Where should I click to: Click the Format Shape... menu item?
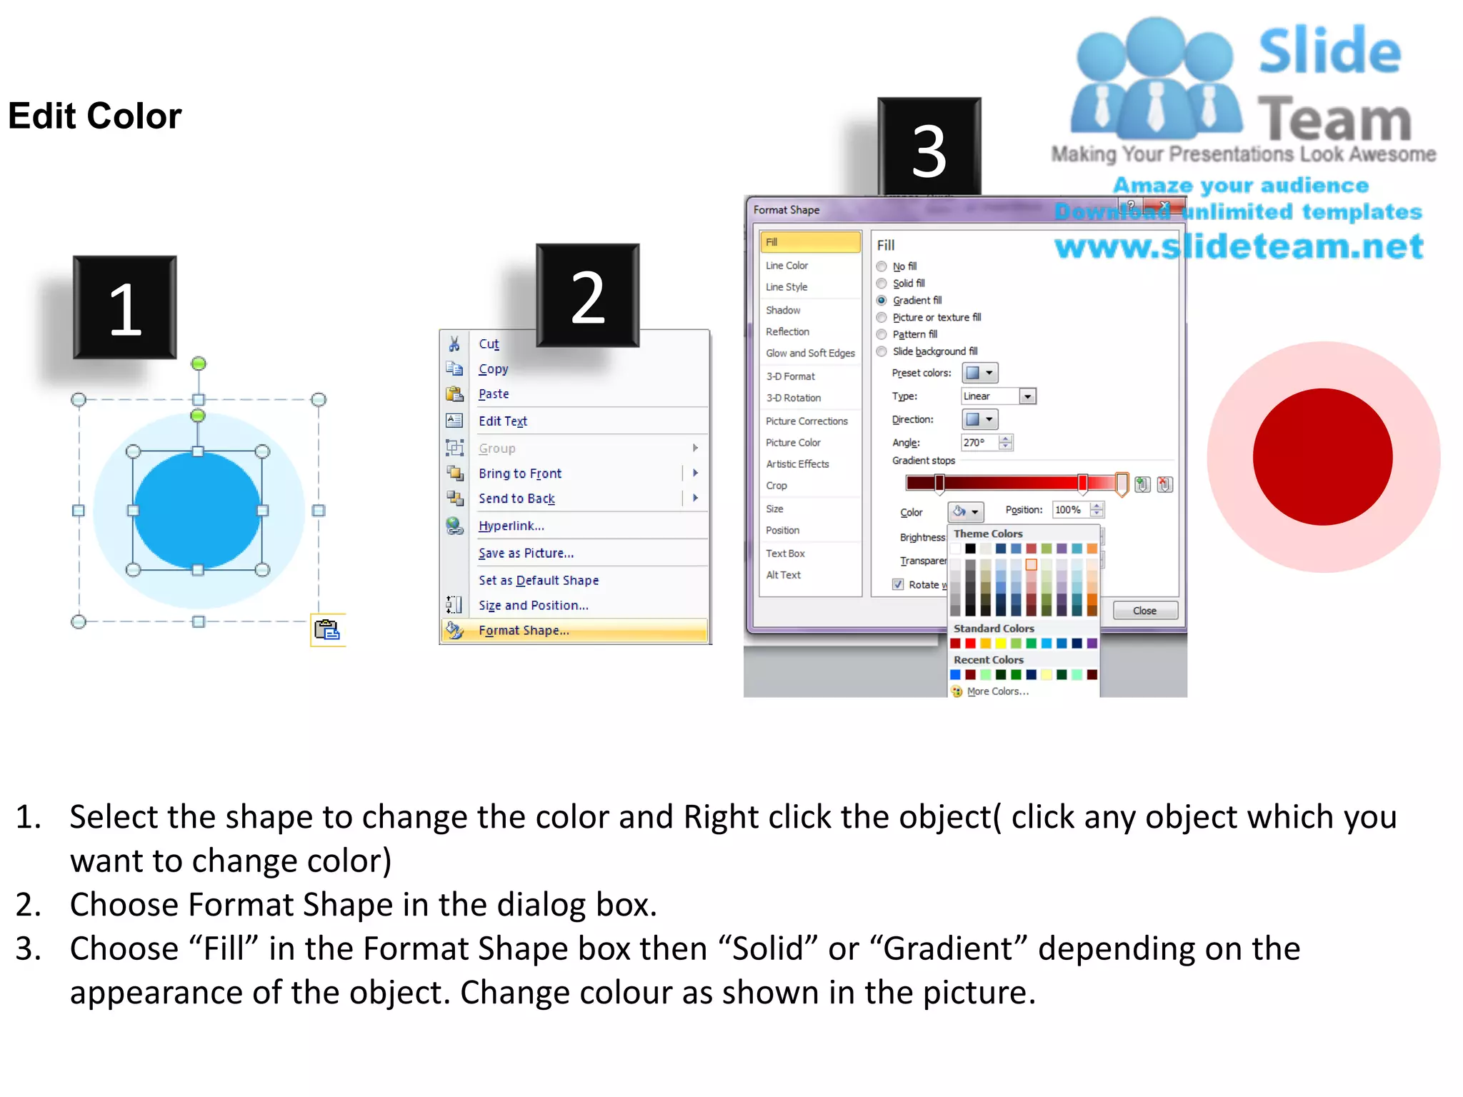tap(524, 631)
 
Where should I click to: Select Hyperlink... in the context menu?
tap(511, 526)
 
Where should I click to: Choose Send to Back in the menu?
tap(516, 499)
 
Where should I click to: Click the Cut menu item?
tap(489, 344)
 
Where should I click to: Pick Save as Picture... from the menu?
tap(526, 553)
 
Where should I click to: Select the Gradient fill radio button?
tap(882, 301)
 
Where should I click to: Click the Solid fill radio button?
tap(882, 284)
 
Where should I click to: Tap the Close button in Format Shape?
tap(1144, 611)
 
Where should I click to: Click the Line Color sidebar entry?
tap(787, 266)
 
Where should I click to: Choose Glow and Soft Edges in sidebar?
tap(810, 354)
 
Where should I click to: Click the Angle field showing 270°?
tap(979, 443)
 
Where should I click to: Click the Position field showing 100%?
tap(1070, 510)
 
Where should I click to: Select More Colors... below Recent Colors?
tap(997, 691)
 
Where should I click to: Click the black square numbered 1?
tap(125, 308)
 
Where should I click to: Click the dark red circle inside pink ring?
tap(1322, 457)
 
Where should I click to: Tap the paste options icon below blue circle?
tap(327, 630)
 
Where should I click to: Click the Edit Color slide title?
tap(95, 116)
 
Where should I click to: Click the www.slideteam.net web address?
tap(1239, 247)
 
